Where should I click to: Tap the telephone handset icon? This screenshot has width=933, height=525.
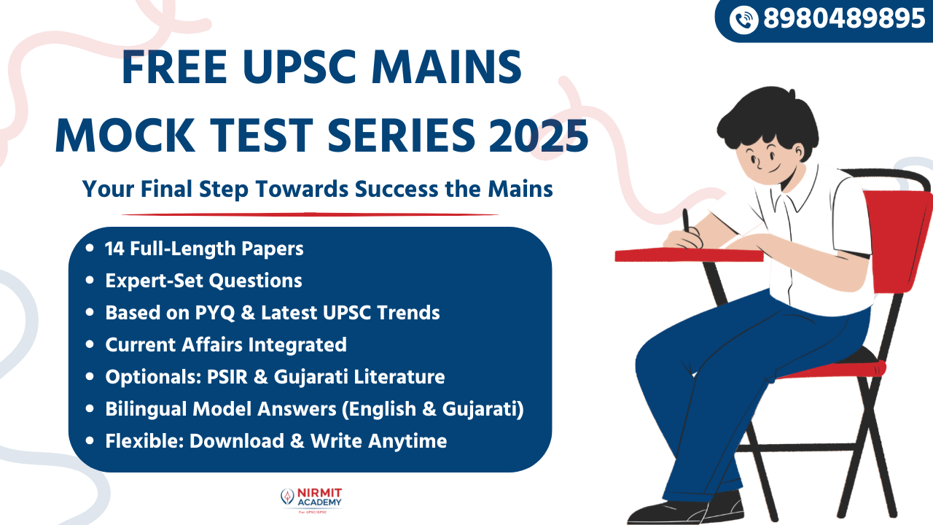(x=743, y=20)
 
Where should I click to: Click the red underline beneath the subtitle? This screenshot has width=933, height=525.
(x=310, y=214)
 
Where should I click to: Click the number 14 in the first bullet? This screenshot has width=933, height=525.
(x=114, y=249)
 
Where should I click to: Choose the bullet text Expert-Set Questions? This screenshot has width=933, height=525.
(x=203, y=280)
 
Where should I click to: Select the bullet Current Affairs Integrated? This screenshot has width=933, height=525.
(x=225, y=344)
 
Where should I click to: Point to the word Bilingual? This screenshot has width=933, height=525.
(x=146, y=409)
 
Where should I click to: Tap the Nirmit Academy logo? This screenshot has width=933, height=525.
(x=311, y=499)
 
